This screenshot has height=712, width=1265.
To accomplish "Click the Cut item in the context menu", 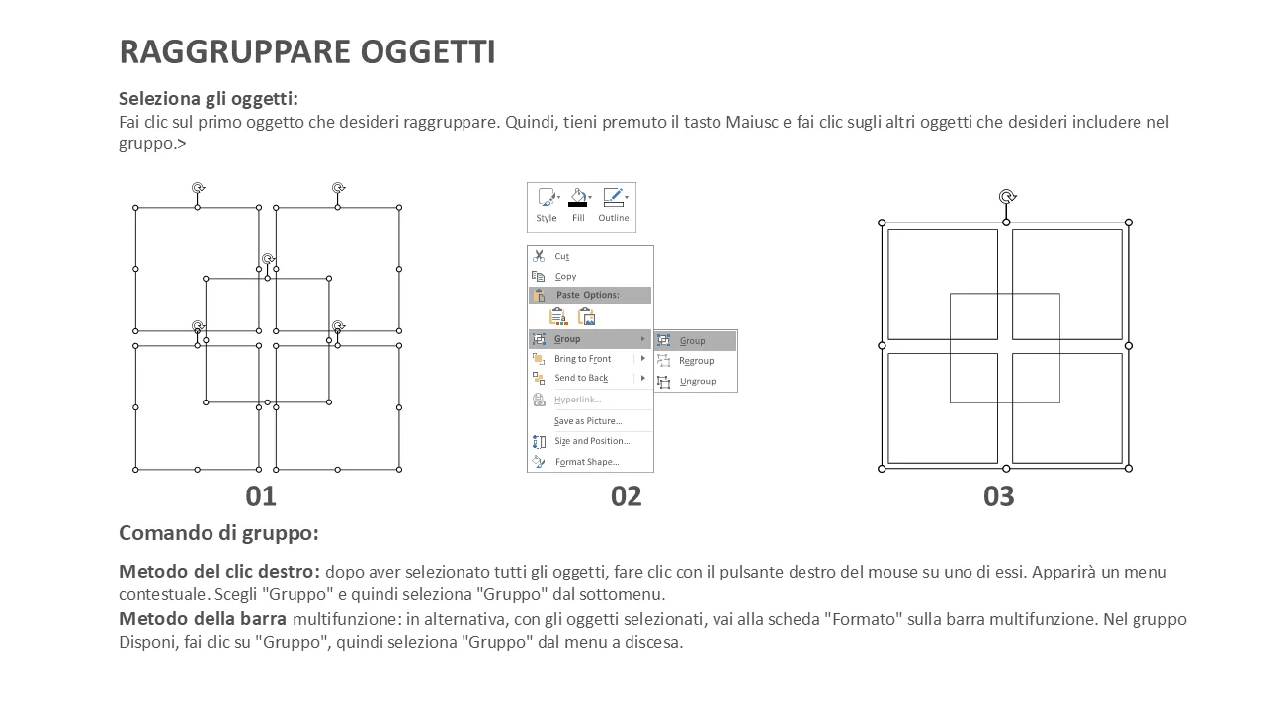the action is pos(561,256).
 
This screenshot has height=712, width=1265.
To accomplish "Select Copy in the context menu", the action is pos(565,276).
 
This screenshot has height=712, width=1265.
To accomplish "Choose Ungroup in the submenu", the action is pos(698,382).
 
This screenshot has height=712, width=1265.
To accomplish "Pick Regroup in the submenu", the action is pos(697,361).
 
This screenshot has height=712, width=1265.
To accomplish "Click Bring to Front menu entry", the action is pos(582,359).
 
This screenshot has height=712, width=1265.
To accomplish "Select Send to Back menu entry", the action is pos(581,378).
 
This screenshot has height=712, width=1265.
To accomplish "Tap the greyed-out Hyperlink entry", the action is pos(578,400).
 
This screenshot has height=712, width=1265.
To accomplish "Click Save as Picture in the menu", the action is pos(588,421).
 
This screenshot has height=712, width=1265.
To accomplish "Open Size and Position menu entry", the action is pos(592,441).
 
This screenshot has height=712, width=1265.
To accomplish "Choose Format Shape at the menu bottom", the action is pos(587,462).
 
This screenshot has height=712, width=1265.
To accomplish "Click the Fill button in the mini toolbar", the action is pos(578,205).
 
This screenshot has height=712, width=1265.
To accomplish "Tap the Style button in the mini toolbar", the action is pos(547,205).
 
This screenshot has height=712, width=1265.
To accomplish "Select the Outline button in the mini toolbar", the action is pos(614,205).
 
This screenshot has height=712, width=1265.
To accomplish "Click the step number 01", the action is pos(261,496).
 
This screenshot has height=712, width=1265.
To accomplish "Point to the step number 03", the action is pos(998,496).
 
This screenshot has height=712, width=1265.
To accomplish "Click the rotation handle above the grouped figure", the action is pos(1007,197).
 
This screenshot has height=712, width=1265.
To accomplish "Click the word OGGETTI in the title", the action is pos(428,52).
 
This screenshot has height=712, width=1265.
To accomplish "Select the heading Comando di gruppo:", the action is pos(218,533).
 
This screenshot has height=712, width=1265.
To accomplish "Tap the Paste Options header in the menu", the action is pos(587,295).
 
